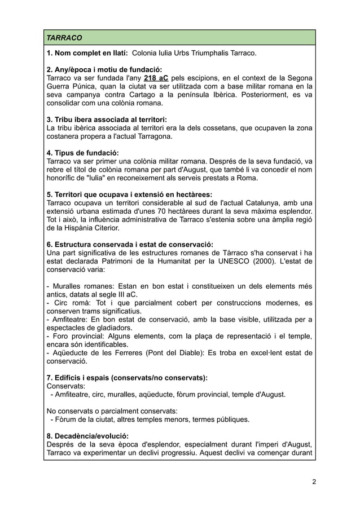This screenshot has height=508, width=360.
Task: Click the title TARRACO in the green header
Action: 64,38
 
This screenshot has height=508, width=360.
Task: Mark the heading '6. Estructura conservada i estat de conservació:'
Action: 129,244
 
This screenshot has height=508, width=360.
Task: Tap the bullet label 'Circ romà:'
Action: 67,303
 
